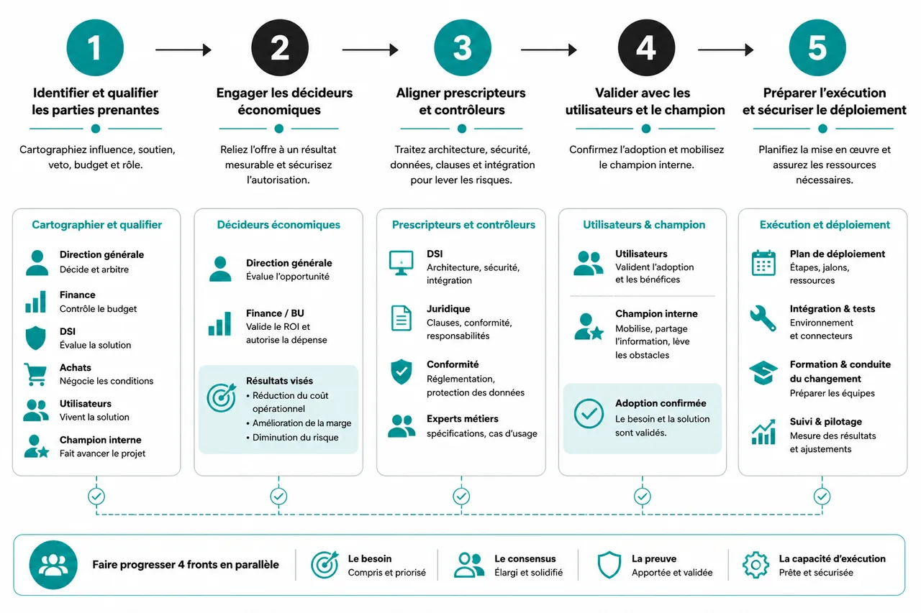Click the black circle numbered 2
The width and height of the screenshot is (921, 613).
[x=280, y=47]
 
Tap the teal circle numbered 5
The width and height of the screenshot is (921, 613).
[x=817, y=47]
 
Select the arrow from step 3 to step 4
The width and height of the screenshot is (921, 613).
[x=548, y=50]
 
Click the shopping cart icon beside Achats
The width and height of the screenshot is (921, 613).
[x=35, y=374]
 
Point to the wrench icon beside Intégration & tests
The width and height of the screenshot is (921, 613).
[x=763, y=318]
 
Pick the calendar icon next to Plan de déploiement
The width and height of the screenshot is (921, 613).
[x=763, y=263]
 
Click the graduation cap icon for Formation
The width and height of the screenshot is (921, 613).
[x=763, y=373]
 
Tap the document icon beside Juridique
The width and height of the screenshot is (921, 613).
[x=401, y=318]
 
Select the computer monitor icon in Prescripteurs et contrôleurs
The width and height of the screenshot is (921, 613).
[x=401, y=263]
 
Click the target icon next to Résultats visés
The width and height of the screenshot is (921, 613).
[x=222, y=397]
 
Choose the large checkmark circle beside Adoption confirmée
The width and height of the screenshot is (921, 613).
[x=589, y=413]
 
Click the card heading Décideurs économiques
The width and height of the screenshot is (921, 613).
[x=278, y=225]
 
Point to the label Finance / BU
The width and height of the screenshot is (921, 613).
[x=275, y=313]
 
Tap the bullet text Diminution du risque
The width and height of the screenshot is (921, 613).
[x=295, y=437]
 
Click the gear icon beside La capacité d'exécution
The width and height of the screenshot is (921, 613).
[x=756, y=566]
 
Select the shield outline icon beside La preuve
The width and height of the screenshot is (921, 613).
[x=609, y=565]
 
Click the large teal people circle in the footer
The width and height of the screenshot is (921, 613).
[x=53, y=565]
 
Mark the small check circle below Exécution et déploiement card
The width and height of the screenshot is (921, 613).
[x=822, y=497]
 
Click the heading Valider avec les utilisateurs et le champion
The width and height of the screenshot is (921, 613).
[x=645, y=101]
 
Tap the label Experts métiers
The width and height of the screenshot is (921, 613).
[x=462, y=419]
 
